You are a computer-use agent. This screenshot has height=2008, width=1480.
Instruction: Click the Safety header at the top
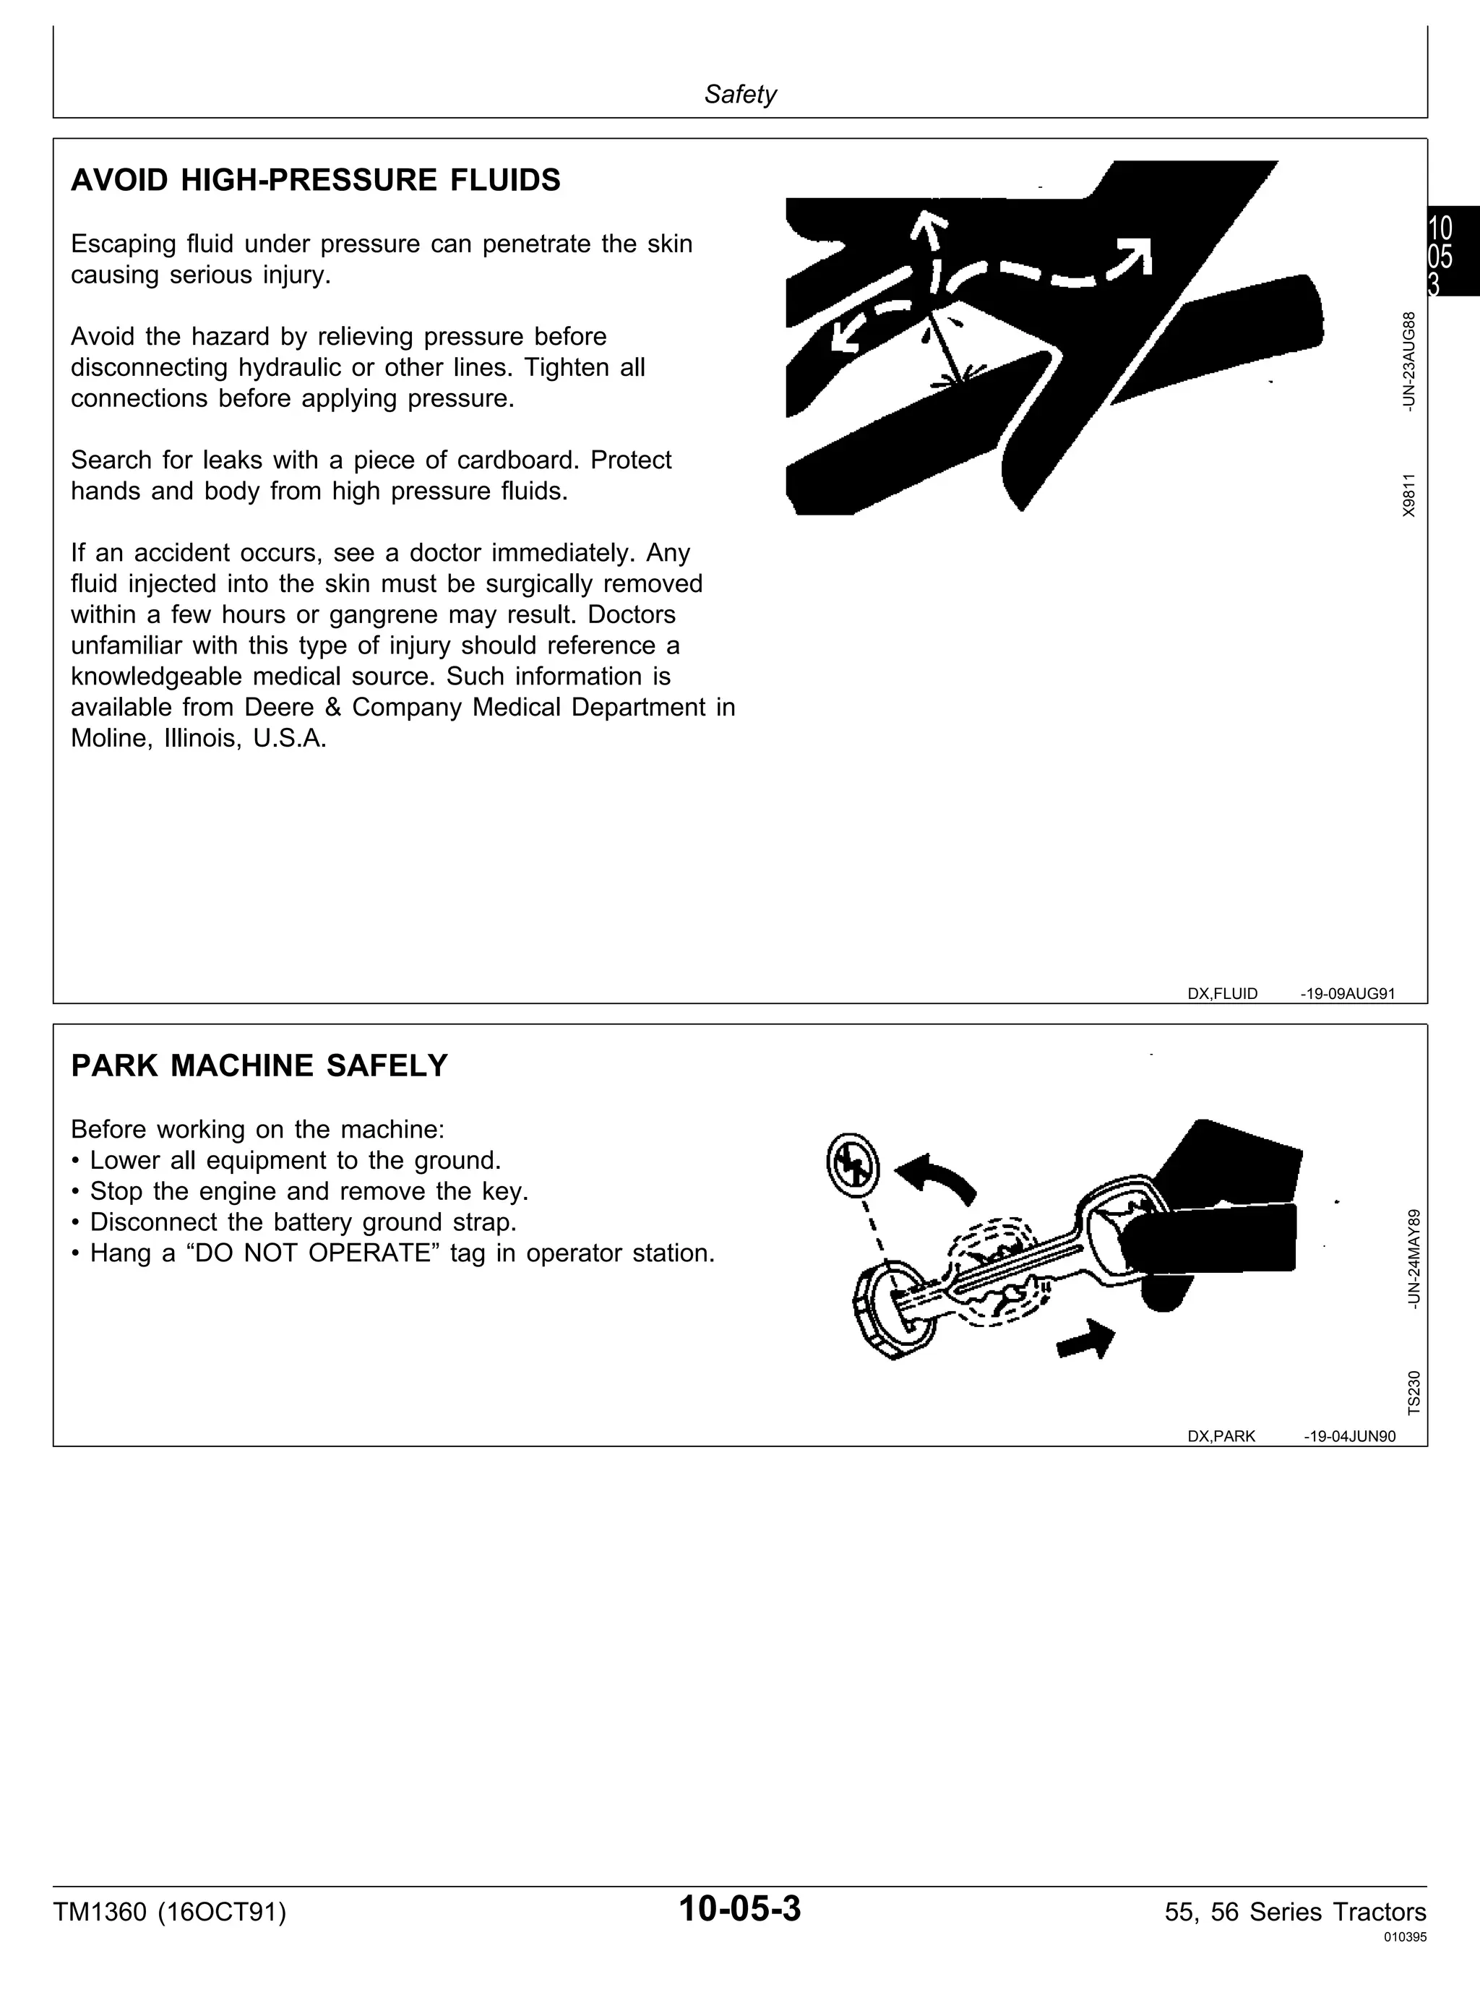(x=740, y=94)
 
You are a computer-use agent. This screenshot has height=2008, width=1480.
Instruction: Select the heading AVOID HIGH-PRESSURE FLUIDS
(x=315, y=180)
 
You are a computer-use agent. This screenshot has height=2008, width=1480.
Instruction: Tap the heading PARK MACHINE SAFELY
(x=259, y=1065)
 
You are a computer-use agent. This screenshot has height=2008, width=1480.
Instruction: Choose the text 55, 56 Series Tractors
(x=1296, y=1912)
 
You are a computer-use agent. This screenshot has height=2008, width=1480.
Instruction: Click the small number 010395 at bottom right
(x=1406, y=1937)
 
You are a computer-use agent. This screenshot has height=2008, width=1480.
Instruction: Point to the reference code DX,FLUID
(x=1222, y=994)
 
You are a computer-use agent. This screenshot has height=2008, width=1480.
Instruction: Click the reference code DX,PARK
(x=1221, y=1436)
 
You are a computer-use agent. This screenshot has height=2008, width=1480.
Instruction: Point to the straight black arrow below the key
(x=1086, y=1339)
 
